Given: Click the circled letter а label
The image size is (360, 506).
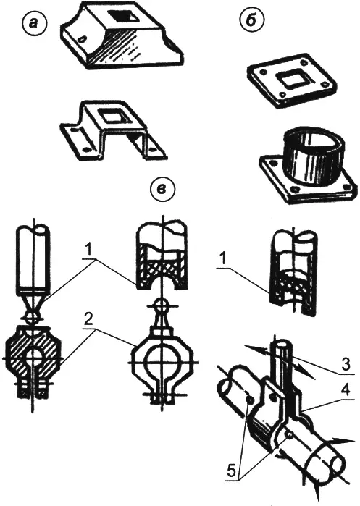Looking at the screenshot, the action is point(33,24).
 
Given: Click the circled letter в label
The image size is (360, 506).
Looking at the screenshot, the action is point(161,188).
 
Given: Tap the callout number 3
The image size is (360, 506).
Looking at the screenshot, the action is point(345,365).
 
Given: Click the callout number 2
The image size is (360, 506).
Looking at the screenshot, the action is point(89,319).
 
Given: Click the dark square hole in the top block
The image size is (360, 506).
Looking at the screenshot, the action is point(121,17).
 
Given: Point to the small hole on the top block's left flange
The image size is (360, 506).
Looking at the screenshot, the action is point(83,38).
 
